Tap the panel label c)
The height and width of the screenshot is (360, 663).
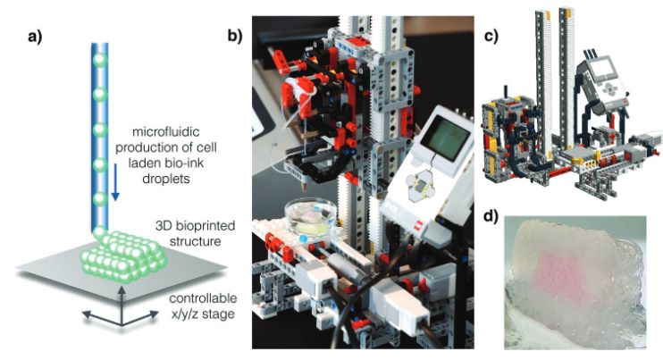point(489,38)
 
